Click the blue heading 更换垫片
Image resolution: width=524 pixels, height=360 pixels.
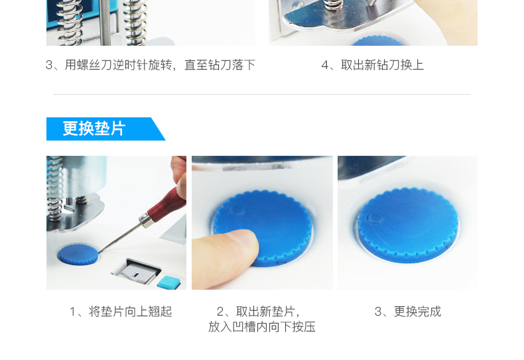click(94, 129)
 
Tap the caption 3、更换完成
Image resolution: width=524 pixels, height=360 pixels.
click(408, 312)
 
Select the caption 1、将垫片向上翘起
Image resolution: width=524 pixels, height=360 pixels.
click(121, 312)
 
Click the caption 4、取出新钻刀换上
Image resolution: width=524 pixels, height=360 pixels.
click(373, 65)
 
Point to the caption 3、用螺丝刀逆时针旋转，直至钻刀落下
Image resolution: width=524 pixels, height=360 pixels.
click(151, 65)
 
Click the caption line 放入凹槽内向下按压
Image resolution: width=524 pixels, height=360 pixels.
click(262, 327)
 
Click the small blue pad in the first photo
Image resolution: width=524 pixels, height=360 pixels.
click(78, 255)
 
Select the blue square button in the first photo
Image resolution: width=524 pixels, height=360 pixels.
click(168, 282)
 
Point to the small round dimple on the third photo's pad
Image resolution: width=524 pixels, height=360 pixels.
click(375, 218)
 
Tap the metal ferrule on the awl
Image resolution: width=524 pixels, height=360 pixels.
click(146, 220)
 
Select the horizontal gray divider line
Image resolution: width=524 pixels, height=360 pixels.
click(262, 95)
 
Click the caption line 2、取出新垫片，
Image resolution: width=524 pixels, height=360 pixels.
click(258, 312)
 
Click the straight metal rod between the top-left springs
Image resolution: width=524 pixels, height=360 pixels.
click(105, 23)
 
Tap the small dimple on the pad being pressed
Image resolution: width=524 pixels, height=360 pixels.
click(236, 210)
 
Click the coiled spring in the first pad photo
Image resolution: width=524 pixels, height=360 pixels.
click(54, 189)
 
